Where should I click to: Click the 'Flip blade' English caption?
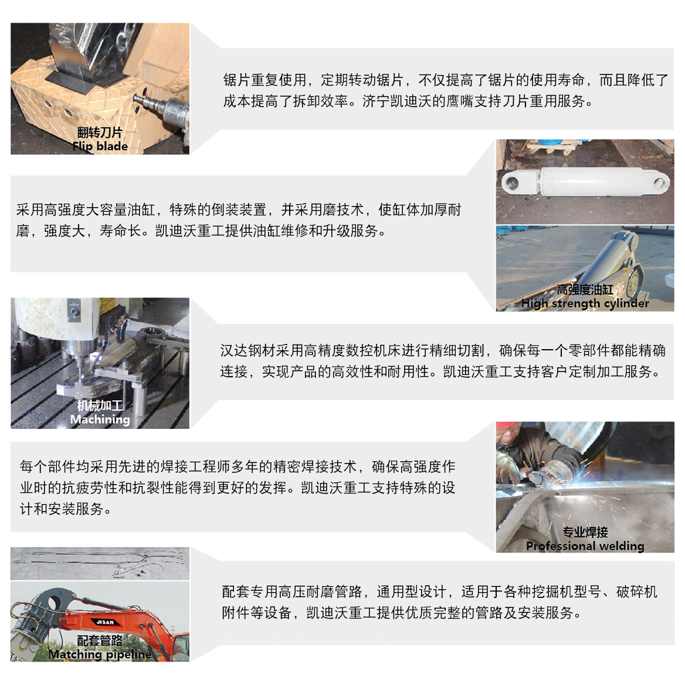pos(100,146)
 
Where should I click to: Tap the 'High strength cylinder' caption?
pos(585,303)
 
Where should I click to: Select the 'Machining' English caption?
pos(100,419)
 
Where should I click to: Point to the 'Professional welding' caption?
pos(585,546)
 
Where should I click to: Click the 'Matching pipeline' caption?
pos(100,654)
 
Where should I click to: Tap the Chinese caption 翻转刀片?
pos(100,133)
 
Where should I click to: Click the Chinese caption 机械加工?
pos(100,405)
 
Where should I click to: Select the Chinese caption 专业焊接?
pos(585,532)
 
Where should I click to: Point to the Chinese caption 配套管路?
pos(100,640)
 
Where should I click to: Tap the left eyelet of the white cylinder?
pos(511,184)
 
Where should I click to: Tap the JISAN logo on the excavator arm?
pos(105,622)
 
